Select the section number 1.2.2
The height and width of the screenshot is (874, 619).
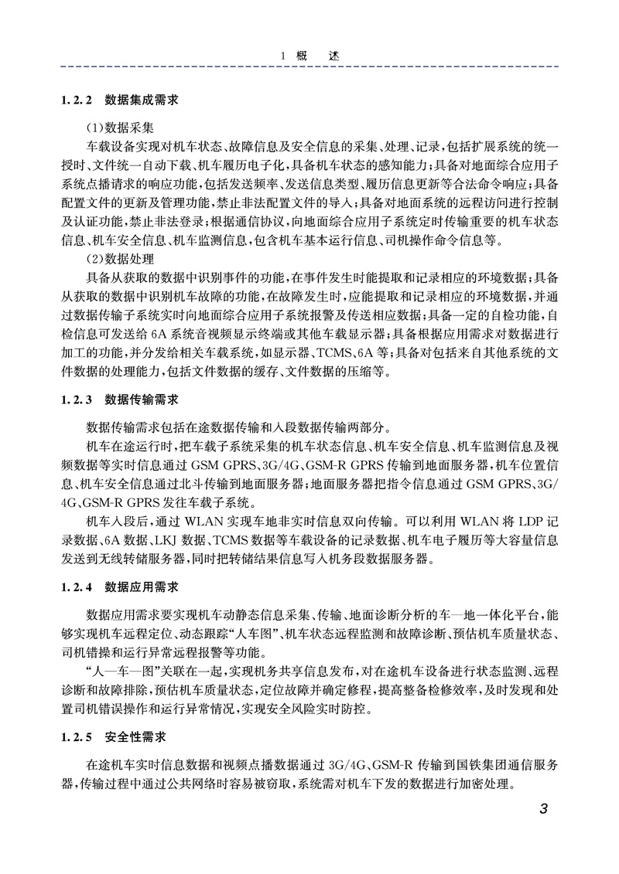point(76,100)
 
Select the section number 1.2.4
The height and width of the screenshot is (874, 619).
point(76,587)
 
